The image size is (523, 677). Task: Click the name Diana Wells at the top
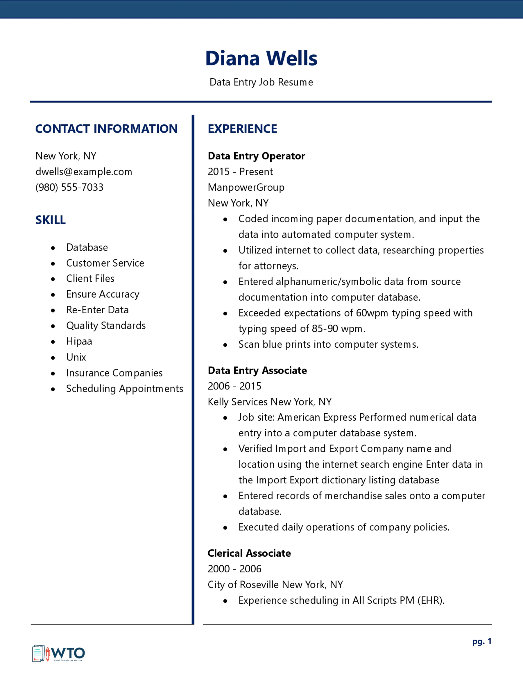click(x=261, y=58)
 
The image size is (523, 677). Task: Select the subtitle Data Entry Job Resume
click(x=261, y=82)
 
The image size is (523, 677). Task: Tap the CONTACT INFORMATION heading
click(x=106, y=129)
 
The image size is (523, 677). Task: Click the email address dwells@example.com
click(x=84, y=172)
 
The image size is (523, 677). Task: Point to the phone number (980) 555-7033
click(x=69, y=187)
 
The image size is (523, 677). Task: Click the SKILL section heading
click(x=51, y=220)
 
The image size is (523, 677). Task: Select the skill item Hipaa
click(x=79, y=341)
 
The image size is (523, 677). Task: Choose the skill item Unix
click(x=76, y=357)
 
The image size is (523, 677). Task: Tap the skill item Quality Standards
click(x=106, y=326)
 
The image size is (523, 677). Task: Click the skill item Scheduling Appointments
click(x=125, y=388)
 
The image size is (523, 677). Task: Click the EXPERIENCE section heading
click(x=242, y=129)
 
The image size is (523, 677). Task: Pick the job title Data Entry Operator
click(x=256, y=156)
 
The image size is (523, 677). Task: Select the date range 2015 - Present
click(x=240, y=172)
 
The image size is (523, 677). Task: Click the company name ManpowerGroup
click(x=246, y=187)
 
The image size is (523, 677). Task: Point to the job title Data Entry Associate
click(x=257, y=370)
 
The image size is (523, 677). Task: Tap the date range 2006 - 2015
click(x=234, y=386)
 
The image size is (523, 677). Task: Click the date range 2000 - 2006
click(x=234, y=569)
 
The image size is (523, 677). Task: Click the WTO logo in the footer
click(x=59, y=653)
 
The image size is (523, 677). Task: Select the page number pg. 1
click(x=482, y=641)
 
